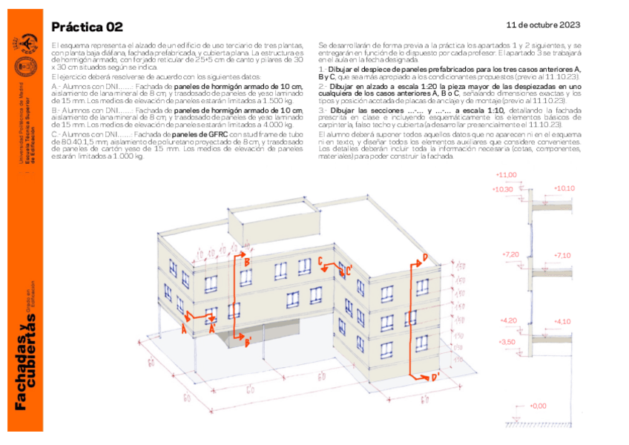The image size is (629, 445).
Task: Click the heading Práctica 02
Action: coord(87,27)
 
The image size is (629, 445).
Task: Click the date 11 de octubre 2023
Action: coord(544,24)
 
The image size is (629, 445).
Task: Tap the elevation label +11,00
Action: coord(507,175)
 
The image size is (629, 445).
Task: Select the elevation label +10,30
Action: coord(505,189)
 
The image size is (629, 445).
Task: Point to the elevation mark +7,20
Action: coord(511,254)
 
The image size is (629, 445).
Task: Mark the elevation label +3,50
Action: coord(507,341)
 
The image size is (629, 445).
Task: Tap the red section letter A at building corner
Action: coord(184,331)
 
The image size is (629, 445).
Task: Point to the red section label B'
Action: coord(248,342)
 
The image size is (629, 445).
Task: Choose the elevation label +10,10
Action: coord(564,188)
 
